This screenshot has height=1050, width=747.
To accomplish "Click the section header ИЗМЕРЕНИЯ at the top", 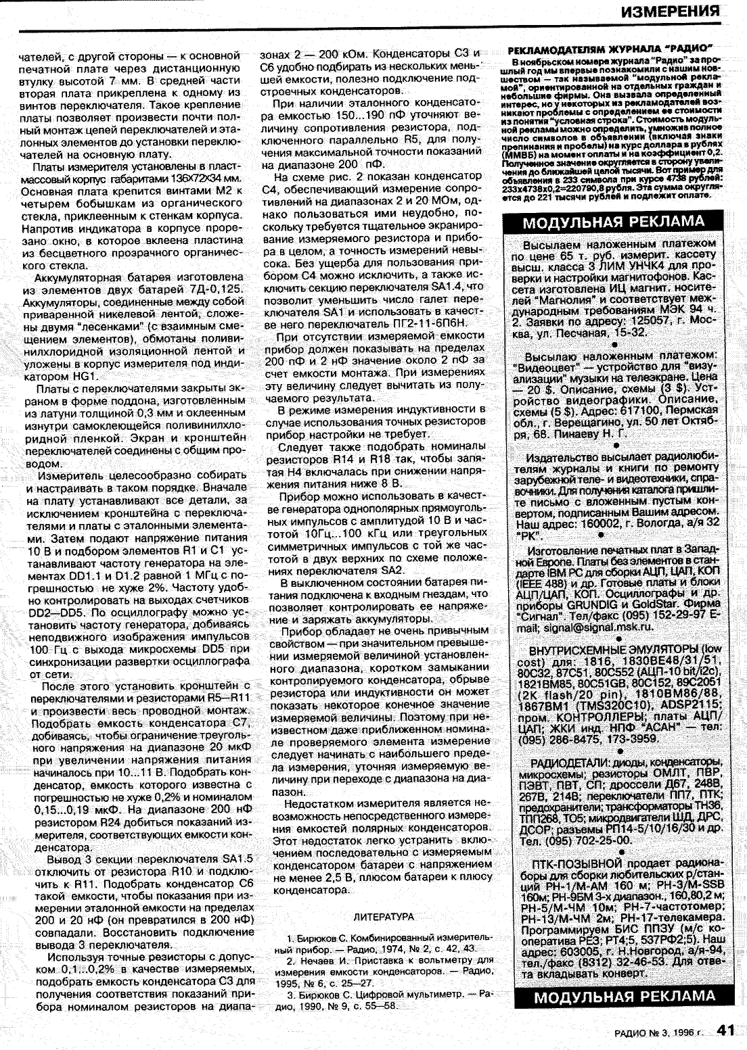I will (x=669, y=11).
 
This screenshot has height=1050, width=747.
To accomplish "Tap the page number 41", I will (x=725, y=1030).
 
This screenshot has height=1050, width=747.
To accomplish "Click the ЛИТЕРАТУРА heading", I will (x=384, y=917).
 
